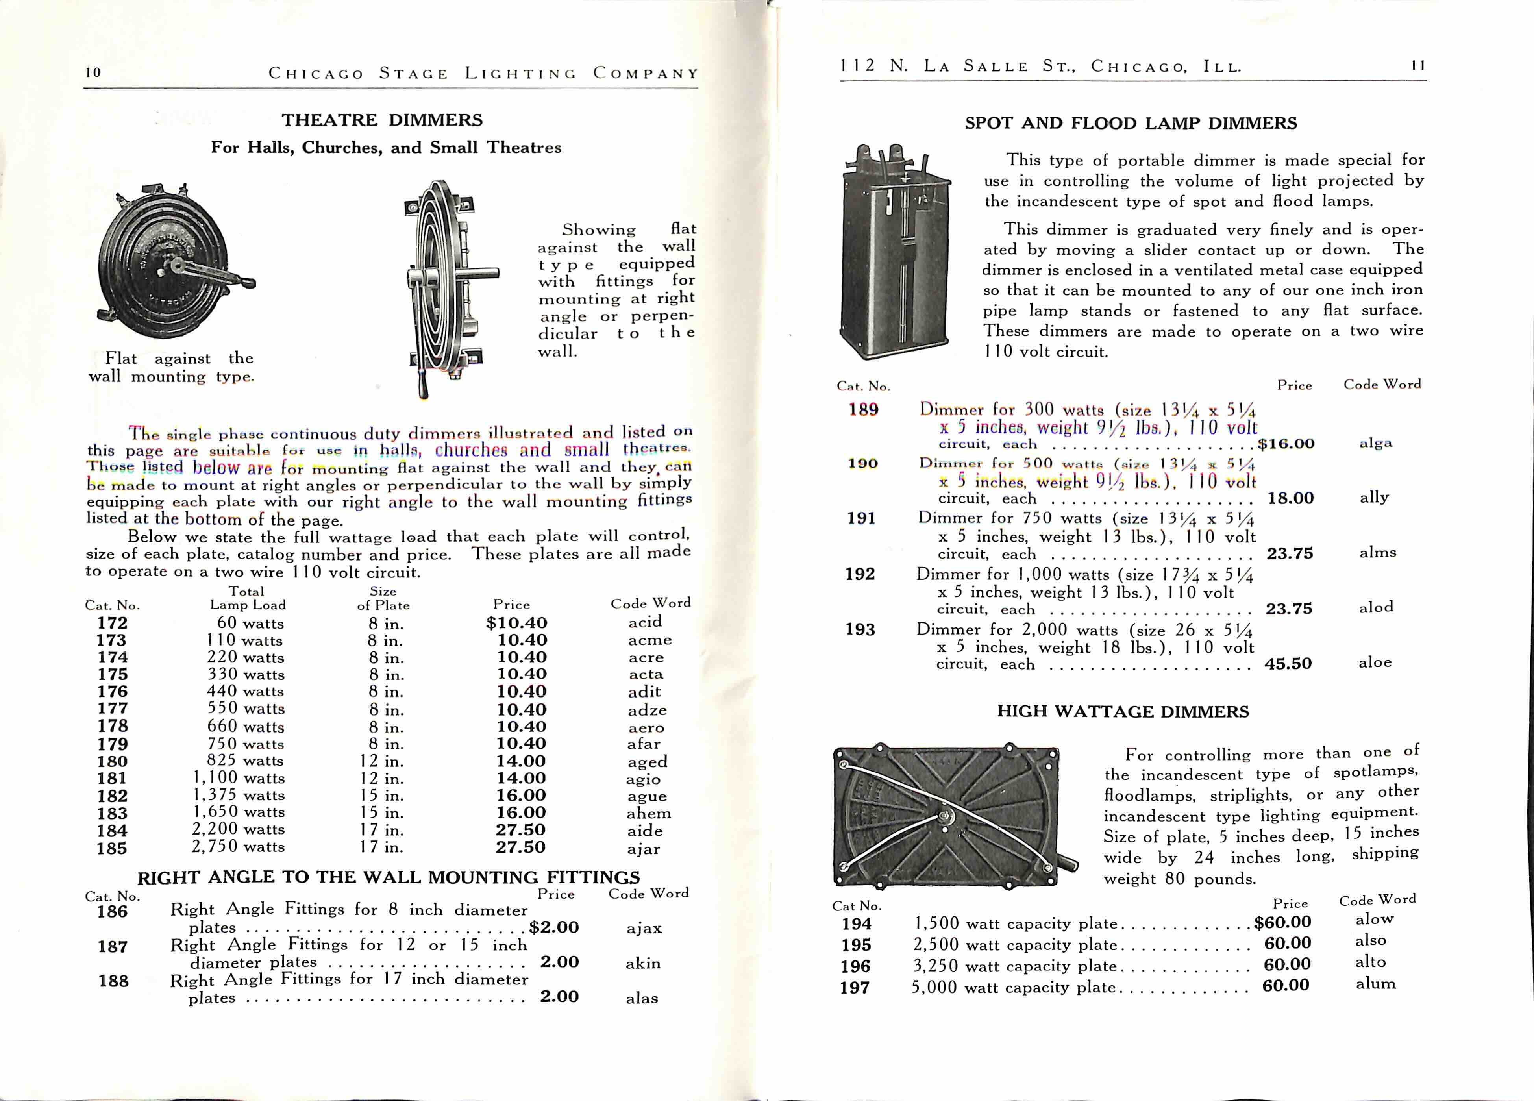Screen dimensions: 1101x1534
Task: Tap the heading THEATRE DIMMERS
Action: point(382,120)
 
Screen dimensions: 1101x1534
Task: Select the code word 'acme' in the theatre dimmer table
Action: point(649,640)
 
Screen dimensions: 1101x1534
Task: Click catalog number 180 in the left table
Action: point(112,761)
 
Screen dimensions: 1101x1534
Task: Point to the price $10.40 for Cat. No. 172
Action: point(517,623)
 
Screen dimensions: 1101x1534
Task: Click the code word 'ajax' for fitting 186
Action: point(643,928)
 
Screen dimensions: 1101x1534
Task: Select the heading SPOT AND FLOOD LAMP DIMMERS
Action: point(1131,123)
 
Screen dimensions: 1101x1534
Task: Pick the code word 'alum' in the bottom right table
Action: point(1375,984)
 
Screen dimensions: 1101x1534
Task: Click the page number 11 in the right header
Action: point(1417,66)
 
